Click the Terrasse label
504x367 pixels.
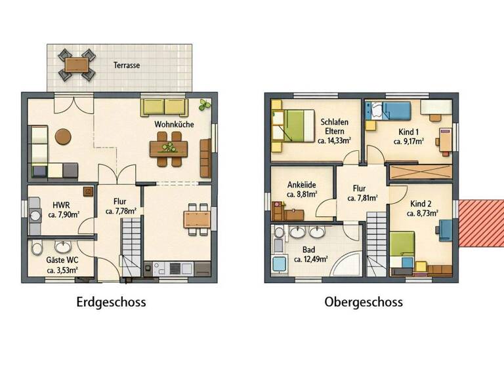click(126, 66)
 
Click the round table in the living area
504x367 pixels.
click(64, 136)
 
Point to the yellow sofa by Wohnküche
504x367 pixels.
click(163, 107)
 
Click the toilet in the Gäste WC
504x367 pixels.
click(37, 248)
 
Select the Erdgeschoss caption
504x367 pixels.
click(111, 302)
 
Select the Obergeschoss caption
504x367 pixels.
click(363, 302)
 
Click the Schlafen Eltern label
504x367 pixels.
click(335, 126)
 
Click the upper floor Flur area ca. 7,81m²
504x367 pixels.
click(361, 198)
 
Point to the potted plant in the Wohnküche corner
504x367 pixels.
click(206, 105)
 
